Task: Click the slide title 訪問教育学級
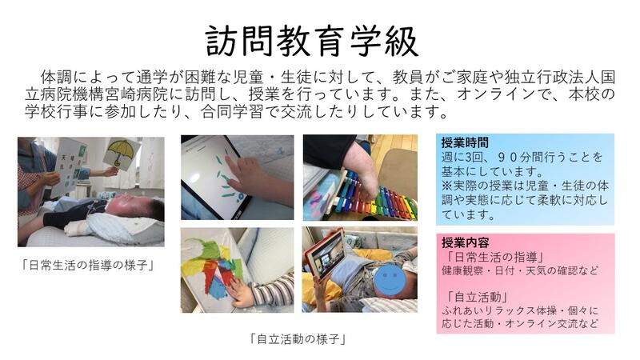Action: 312,41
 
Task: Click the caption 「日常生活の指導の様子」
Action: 88,266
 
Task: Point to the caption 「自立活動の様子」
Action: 298,338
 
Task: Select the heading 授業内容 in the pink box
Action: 465,243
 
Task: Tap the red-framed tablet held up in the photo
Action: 325,254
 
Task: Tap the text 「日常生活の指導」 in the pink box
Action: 494,257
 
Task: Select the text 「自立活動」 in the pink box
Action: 476,297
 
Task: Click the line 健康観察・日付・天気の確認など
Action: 519,270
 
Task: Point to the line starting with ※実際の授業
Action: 525,186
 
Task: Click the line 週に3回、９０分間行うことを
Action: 522,157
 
